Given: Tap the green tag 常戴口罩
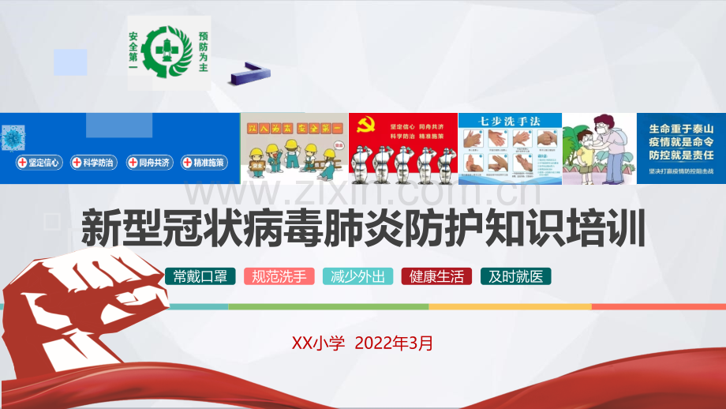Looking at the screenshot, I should tap(200, 276).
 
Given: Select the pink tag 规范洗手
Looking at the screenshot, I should tap(279, 276).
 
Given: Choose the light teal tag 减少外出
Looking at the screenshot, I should tap(357, 276).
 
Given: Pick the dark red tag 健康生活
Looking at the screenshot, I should tap(436, 276).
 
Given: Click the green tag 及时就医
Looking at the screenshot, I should tap(515, 276).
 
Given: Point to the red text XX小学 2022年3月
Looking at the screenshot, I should tap(362, 343).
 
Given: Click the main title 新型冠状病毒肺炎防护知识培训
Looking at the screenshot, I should tap(363, 229).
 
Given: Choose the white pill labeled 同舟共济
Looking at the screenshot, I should tap(148, 163).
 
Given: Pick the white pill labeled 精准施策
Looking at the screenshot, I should tap(204, 163).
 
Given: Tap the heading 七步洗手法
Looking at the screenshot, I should tap(510, 122).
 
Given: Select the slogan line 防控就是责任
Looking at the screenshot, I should tap(680, 156).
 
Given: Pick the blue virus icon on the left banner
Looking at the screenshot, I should tap(13, 137).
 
